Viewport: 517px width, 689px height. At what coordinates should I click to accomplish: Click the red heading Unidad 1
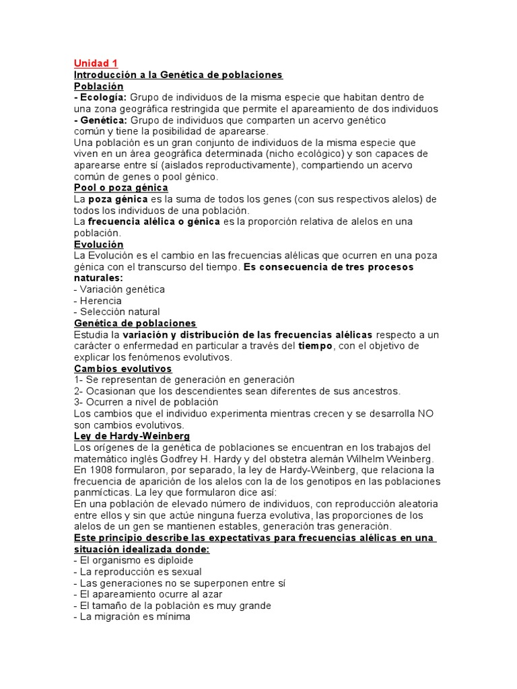(x=96, y=63)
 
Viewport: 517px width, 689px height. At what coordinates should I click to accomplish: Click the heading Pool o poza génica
(x=120, y=188)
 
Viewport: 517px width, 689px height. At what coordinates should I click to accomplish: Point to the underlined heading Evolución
(x=98, y=244)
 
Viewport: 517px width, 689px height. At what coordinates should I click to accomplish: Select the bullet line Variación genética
(x=119, y=289)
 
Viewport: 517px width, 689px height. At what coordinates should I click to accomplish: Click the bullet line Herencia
(x=98, y=301)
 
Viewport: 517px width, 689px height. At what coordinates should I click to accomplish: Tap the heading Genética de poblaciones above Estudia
(x=135, y=324)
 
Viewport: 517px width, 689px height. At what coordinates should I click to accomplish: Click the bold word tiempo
(x=316, y=346)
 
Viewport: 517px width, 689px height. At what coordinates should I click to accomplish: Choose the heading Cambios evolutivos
(x=123, y=369)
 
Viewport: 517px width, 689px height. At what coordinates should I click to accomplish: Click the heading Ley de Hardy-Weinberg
(x=131, y=436)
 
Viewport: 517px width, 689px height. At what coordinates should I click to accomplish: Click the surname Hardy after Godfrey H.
(x=276, y=459)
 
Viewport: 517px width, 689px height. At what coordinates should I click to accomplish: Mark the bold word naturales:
(x=98, y=278)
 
